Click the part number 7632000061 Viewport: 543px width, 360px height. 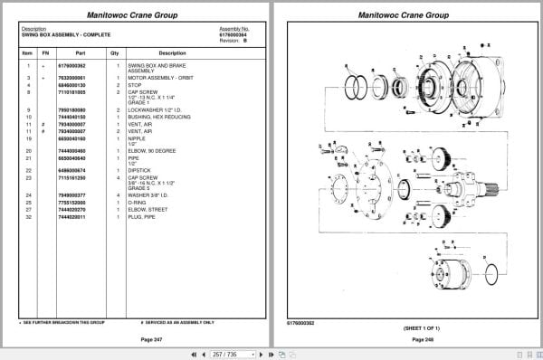[x=71, y=79]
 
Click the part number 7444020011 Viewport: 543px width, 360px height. [x=71, y=217]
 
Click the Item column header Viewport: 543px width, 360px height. [x=27, y=53]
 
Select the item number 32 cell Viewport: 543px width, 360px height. [x=28, y=217]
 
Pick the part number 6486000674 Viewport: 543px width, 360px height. [x=71, y=170]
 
